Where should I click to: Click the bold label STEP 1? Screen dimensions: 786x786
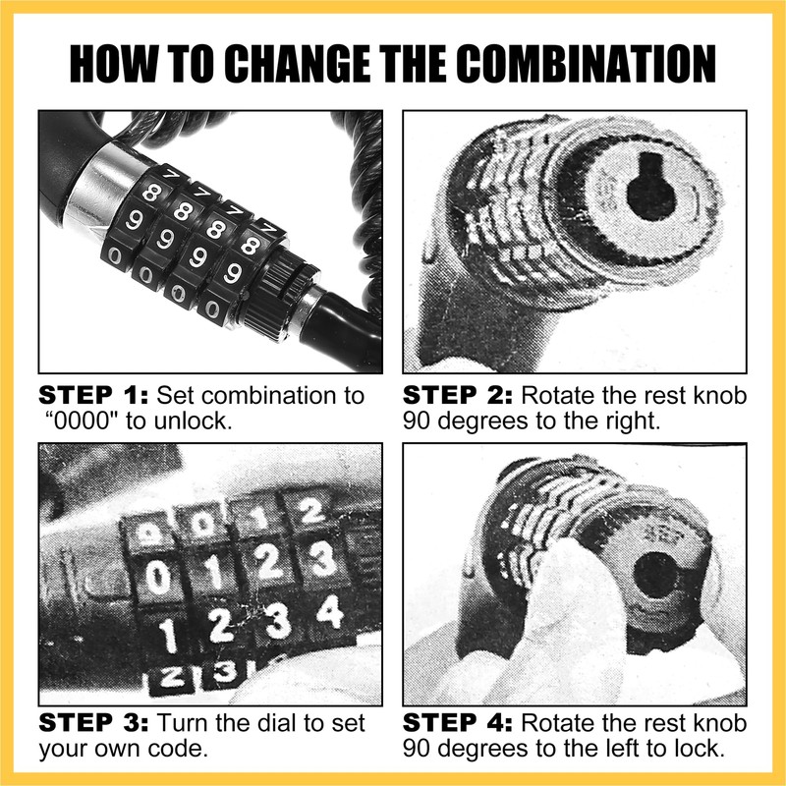(93, 396)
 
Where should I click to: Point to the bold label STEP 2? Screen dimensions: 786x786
(458, 396)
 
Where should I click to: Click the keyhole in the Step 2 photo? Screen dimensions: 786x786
(650, 187)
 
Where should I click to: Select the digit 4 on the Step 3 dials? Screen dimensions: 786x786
(331, 613)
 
